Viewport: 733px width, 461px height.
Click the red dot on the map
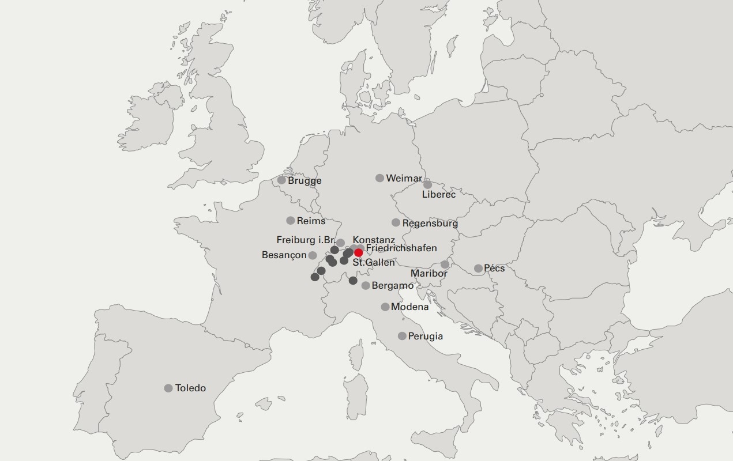(358, 252)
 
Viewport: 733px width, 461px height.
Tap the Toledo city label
(190, 388)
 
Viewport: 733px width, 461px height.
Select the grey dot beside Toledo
(168, 388)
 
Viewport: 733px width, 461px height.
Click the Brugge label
(305, 181)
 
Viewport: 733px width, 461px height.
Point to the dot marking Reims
(291, 221)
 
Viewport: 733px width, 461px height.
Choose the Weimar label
(404, 179)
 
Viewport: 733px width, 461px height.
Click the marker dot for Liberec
(427, 184)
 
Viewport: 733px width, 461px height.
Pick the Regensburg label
(430, 224)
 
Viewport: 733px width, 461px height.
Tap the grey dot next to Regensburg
(396, 222)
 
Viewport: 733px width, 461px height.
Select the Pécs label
(494, 269)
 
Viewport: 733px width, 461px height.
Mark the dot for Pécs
(478, 269)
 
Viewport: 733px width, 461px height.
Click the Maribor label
(428, 274)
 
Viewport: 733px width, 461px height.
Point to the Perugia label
(426, 337)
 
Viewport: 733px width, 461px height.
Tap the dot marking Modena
(385, 307)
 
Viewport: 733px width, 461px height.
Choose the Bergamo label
(393, 286)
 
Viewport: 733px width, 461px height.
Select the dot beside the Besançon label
(313, 255)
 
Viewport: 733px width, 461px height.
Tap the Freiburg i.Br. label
(306, 240)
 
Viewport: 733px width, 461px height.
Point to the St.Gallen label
(374, 263)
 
